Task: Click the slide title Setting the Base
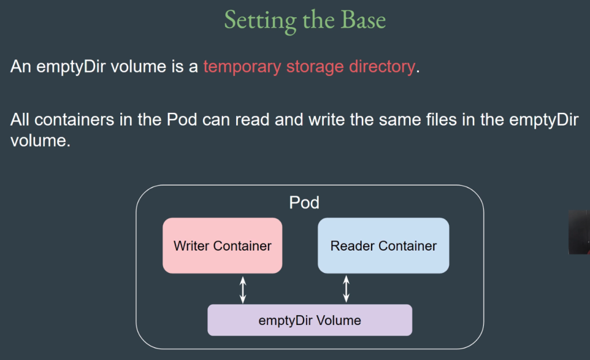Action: tap(305, 20)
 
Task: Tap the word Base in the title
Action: tap(364, 20)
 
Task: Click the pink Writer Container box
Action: tap(222, 245)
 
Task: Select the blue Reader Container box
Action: tap(383, 245)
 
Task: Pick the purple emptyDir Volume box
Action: tap(309, 320)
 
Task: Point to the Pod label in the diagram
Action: tap(304, 203)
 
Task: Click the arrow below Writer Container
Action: tap(243, 290)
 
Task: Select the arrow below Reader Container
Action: tap(346, 289)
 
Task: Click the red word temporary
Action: tap(243, 67)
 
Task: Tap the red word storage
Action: tap(315, 67)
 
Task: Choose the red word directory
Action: tap(382, 67)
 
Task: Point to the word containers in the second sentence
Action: tap(74, 120)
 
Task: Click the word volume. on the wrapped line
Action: tap(40, 141)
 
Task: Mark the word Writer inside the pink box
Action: tap(191, 245)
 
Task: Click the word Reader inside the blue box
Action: tap(353, 245)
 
